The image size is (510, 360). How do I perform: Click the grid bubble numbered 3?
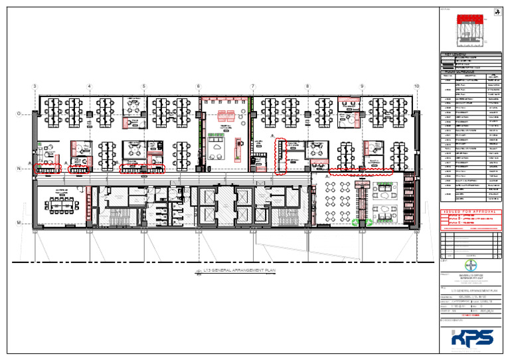tap(35, 86)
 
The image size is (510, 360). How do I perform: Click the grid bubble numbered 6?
tap(198, 86)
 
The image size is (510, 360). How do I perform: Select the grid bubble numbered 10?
tap(416, 86)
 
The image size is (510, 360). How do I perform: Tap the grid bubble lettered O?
tap(19, 114)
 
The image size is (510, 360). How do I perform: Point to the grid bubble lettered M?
tap(19, 222)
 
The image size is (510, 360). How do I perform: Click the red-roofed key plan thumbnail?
tap(470, 28)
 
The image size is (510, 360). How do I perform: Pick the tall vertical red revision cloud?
tap(281, 156)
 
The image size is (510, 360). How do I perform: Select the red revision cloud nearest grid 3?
tap(47, 169)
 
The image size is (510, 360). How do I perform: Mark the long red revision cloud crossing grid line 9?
tap(361, 173)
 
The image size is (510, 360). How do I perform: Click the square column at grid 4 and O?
tap(90, 115)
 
